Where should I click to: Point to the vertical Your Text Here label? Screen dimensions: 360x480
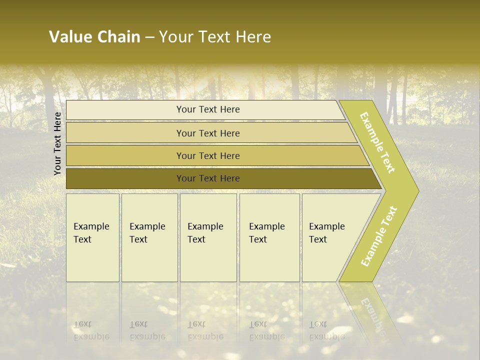pyautogui.click(x=57, y=143)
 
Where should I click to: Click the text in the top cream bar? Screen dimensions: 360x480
pyautogui.click(x=208, y=109)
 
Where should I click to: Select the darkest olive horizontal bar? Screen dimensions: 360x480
pyautogui.click(x=208, y=178)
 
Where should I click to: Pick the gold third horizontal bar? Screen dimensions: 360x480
pyautogui.click(x=208, y=156)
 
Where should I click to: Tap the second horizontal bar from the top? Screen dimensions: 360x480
pyautogui.click(x=208, y=133)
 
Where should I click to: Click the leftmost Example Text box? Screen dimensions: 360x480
pyautogui.click(x=92, y=237)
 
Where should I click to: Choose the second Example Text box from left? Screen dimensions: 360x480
pyautogui.click(x=149, y=237)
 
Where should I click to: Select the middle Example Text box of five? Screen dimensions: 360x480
pyautogui.click(x=208, y=237)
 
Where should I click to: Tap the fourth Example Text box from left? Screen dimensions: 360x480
pyautogui.click(x=269, y=237)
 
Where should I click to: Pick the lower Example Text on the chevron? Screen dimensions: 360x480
pyautogui.click(x=378, y=236)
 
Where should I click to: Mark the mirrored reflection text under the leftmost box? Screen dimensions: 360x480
pyautogui.click(x=91, y=330)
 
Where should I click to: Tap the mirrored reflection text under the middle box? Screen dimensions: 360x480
pyautogui.click(x=205, y=330)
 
